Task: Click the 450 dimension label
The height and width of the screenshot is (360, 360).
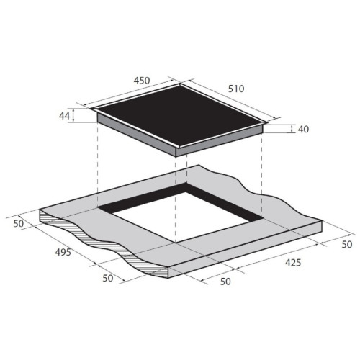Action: [x=142, y=81]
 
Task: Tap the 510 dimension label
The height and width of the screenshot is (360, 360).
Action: [x=236, y=89]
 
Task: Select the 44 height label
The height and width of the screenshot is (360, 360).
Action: [x=64, y=116]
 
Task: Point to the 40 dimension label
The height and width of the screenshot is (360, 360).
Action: [x=303, y=129]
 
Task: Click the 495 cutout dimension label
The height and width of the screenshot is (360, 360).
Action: [x=63, y=252]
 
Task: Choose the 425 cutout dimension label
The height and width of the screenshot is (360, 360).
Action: [x=293, y=263]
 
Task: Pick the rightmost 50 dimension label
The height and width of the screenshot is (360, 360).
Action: [x=347, y=244]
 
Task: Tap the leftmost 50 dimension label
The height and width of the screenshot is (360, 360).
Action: [x=19, y=224]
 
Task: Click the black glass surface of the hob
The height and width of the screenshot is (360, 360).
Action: [x=180, y=115]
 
